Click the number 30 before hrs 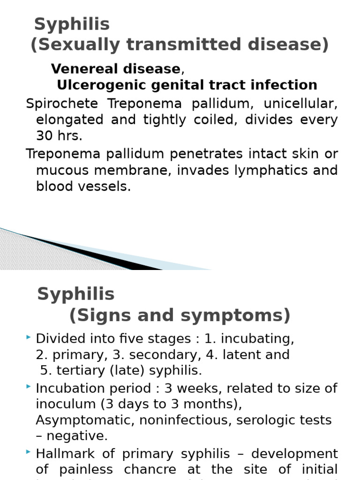tap(45, 136)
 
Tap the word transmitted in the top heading tap(183, 45)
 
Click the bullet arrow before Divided tap(29, 337)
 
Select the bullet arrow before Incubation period tap(29, 387)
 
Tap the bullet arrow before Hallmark tap(29, 453)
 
